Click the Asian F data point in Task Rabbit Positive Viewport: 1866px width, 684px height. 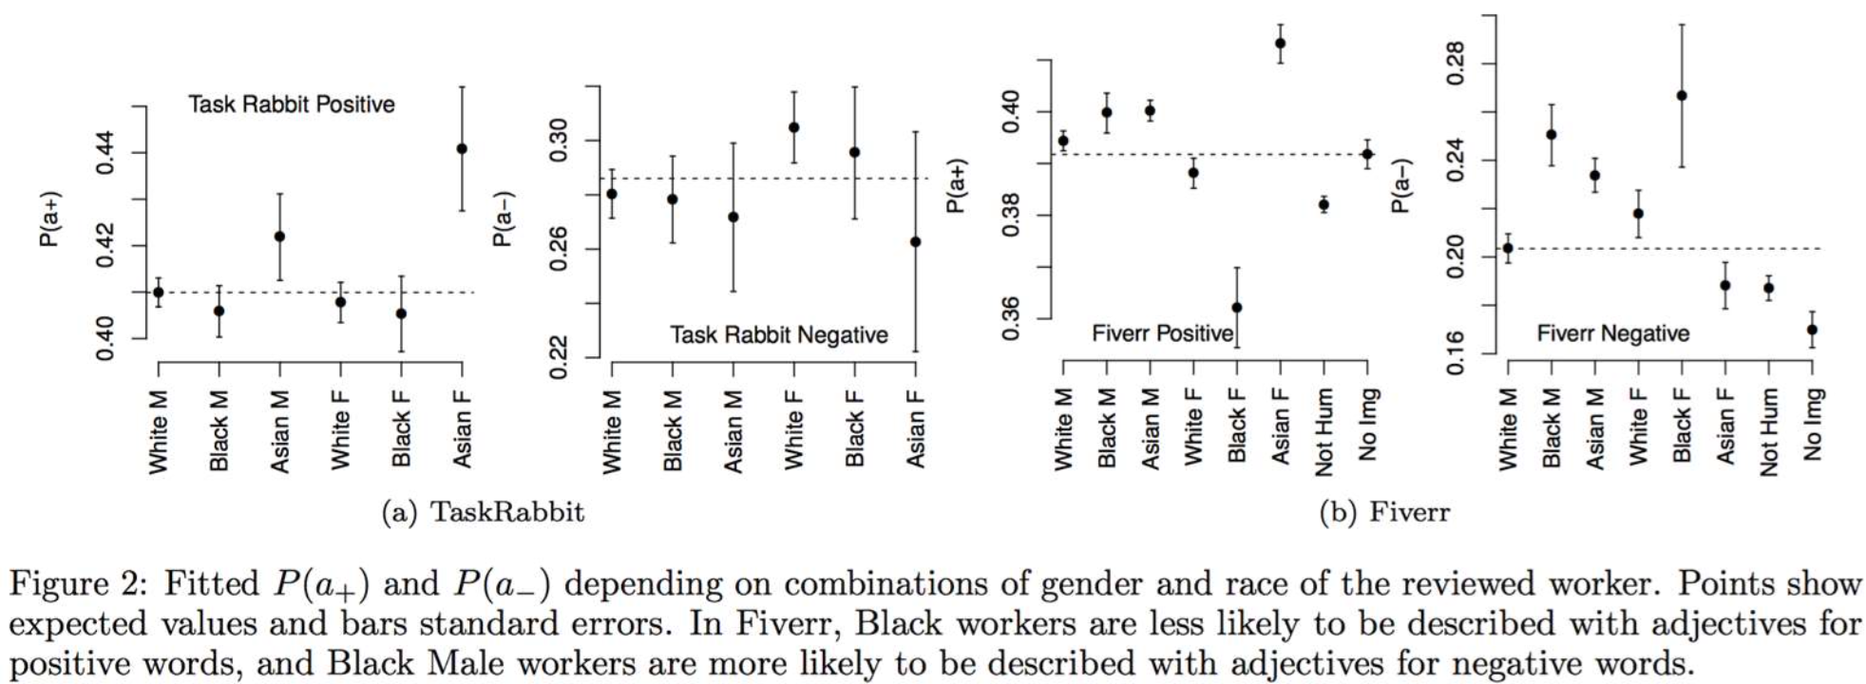click(462, 149)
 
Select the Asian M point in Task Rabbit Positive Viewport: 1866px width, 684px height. click(279, 237)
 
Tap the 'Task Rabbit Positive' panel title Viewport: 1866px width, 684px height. click(292, 104)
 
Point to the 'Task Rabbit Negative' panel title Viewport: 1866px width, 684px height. click(778, 334)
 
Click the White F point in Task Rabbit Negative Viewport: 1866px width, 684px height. click(793, 127)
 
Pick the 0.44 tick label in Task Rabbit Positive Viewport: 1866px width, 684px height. click(105, 153)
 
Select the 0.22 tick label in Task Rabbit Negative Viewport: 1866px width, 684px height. click(559, 358)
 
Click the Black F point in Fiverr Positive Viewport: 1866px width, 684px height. click(1236, 308)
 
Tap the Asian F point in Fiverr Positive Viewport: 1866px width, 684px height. click(1280, 43)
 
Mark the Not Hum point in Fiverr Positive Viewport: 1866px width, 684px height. click(1323, 204)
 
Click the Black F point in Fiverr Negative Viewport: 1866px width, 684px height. click(1682, 96)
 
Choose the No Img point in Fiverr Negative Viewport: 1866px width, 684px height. click(1812, 330)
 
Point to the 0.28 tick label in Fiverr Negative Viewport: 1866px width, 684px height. click(1456, 64)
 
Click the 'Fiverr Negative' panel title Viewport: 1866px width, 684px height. click(1612, 333)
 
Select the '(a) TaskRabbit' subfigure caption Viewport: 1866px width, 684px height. click(483, 513)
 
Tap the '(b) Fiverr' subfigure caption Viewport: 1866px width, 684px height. click(1384, 513)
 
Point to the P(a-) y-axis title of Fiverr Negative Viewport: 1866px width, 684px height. click(1399, 186)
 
